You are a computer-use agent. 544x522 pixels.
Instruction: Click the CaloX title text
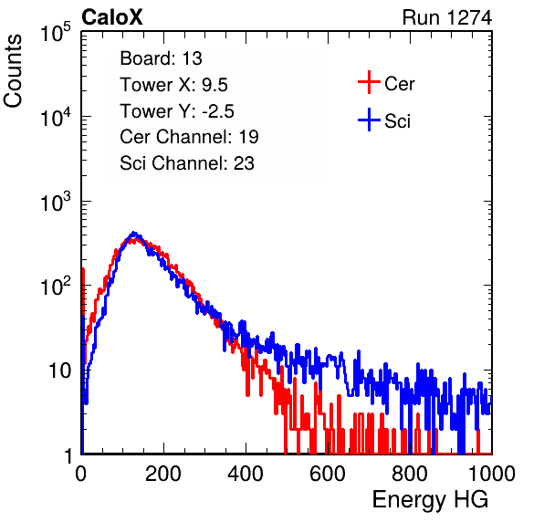(x=112, y=17)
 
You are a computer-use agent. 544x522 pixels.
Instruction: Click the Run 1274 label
(x=447, y=17)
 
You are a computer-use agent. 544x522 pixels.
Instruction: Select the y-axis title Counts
(x=13, y=71)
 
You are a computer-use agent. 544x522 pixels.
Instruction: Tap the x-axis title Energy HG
(x=430, y=500)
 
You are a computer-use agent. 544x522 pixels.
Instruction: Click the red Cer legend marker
(x=369, y=82)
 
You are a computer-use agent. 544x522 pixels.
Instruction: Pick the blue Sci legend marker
(x=369, y=120)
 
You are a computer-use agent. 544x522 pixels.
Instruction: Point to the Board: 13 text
(x=161, y=58)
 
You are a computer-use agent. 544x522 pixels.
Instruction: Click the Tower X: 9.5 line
(x=173, y=85)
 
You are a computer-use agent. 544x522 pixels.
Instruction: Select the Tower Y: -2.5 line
(x=177, y=111)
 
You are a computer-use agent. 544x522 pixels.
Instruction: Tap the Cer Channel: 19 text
(x=189, y=137)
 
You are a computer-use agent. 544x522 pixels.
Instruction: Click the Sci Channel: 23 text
(x=187, y=163)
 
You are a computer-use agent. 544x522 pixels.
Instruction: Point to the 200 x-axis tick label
(x=163, y=474)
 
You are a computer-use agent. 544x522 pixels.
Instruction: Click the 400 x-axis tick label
(x=246, y=474)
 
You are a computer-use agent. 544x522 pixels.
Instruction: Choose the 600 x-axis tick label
(x=328, y=474)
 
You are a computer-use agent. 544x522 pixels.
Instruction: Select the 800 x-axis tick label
(x=410, y=474)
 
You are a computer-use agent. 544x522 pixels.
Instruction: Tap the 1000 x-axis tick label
(x=492, y=474)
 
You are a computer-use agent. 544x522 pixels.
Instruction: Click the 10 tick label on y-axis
(x=59, y=371)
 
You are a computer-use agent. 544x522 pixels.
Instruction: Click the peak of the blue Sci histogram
(x=134, y=233)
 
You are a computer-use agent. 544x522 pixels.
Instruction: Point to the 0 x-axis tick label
(x=80, y=474)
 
